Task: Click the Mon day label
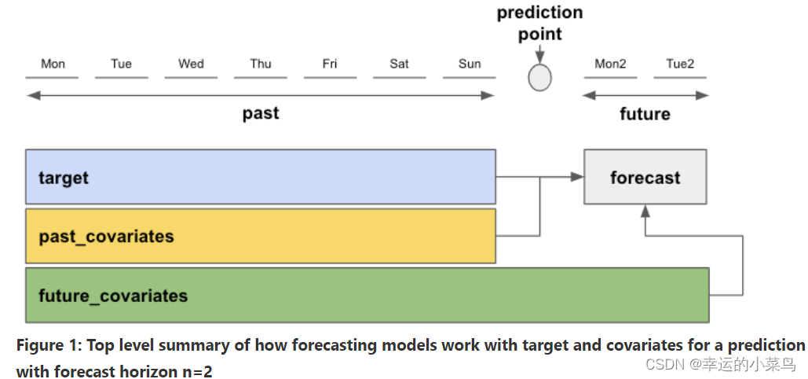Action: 53,64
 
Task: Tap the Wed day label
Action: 191,64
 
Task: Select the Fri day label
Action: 330,64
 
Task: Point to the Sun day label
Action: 470,64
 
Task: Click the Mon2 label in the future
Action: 610,64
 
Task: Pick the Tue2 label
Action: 680,64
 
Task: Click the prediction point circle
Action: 539,78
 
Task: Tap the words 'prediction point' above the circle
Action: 540,24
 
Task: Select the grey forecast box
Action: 645,178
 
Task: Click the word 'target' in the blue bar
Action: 64,178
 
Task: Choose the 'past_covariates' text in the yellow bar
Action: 106,237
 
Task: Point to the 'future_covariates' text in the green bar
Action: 113,296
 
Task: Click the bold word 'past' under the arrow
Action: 261,113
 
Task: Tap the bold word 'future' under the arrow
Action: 645,114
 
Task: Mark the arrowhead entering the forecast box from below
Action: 645,210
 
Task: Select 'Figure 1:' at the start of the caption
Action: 48,345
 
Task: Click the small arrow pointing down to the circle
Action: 539,55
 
